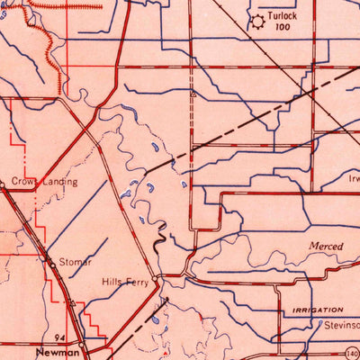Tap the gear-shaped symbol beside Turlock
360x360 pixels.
pos(258,21)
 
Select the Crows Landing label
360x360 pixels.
pos(45,181)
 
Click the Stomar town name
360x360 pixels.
pos(76,262)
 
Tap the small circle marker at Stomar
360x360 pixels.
pos(49,260)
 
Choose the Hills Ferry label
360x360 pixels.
pos(124,282)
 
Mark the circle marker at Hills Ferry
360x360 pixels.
pos(157,277)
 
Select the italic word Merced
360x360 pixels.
pos(325,245)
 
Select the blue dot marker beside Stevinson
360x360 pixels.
pos(320,325)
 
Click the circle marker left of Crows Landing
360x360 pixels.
pos(3,185)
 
